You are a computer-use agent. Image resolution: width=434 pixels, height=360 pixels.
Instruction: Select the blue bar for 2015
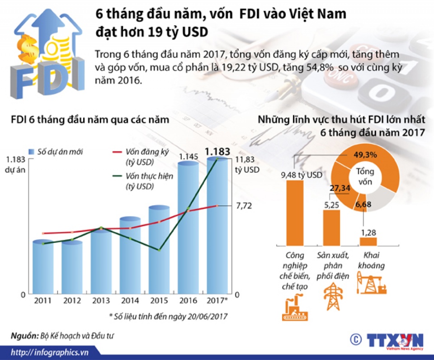[159, 251]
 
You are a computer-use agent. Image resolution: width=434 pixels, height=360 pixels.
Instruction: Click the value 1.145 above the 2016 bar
[188, 156]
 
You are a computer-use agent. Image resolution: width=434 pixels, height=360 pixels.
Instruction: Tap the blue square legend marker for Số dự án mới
[32, 152]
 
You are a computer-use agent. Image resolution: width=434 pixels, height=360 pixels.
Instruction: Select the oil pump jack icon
[372, 284]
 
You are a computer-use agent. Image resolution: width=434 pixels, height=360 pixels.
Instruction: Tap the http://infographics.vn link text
[50, 352]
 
